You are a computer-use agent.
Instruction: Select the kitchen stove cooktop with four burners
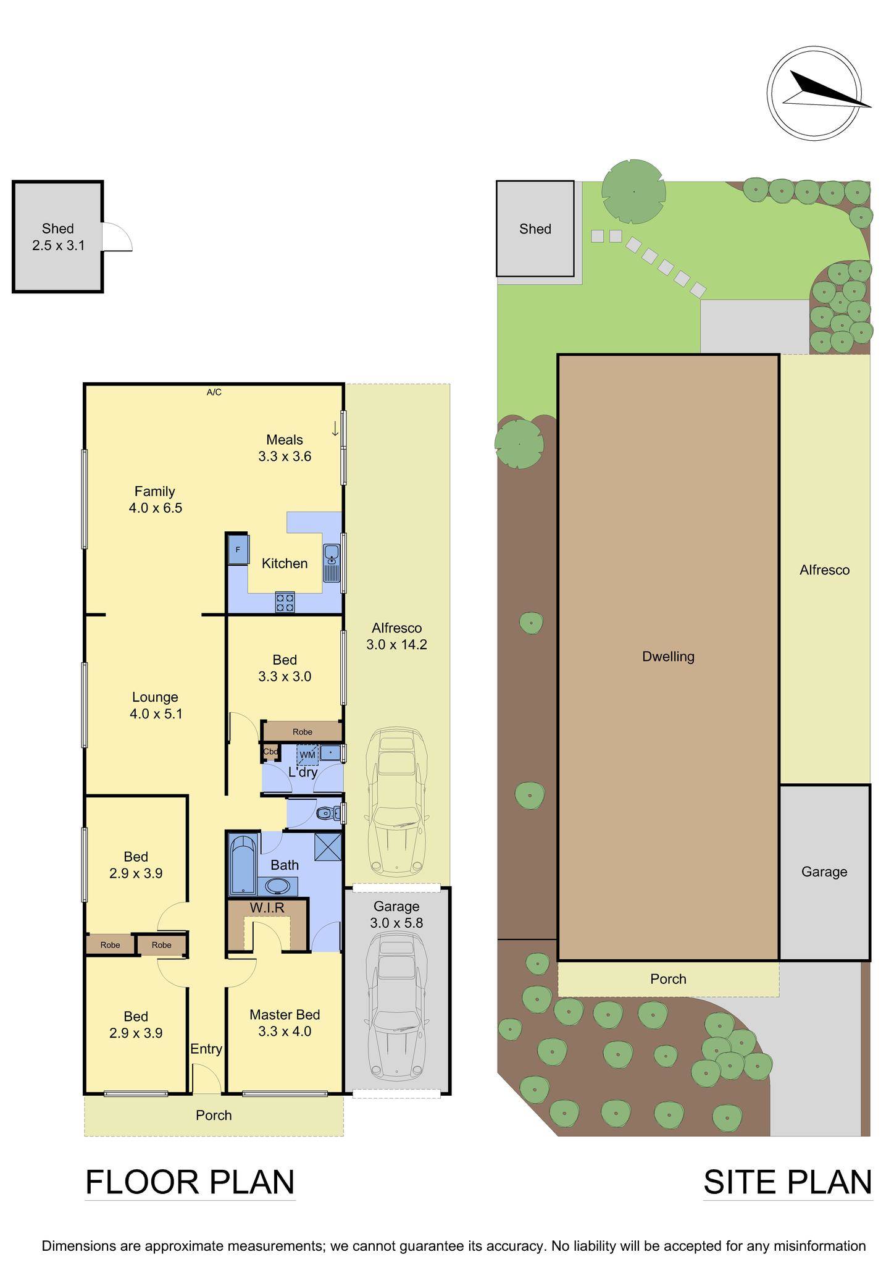click(285, 602)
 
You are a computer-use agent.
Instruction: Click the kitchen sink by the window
click(332, 563)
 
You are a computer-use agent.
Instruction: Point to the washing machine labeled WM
click(307, 755)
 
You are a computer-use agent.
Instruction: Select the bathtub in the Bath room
click(243, 864)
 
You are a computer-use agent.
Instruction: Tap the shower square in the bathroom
click(327, 847)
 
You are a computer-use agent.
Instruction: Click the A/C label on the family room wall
click(214, 392)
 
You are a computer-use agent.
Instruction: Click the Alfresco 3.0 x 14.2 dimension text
click(396, 636)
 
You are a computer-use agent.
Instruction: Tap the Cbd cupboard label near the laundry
click(270, 752)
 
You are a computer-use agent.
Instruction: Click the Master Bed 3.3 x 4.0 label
click(285, 1023)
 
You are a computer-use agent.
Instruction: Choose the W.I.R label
click(267, 907)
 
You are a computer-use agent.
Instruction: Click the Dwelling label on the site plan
click(668, 657)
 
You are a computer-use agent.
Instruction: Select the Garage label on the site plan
click(824, 872)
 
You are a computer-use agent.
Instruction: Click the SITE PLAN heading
click(787, 1182)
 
